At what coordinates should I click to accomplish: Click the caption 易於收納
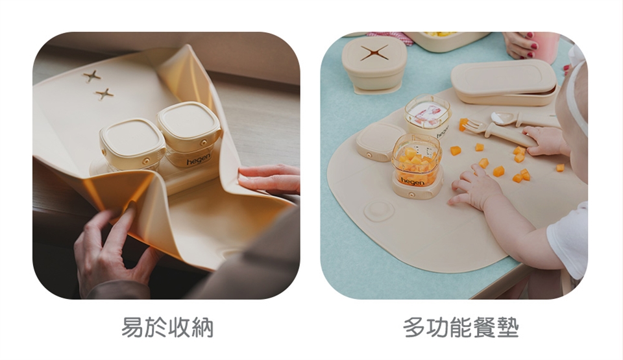[x=167, y=327]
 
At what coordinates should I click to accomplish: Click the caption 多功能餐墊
[x=461, y=327]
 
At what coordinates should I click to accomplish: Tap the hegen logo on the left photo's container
[x=199, y=159]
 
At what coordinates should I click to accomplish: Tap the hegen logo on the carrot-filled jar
[x=413, y=182]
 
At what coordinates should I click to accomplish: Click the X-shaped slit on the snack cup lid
[x=374, y=53]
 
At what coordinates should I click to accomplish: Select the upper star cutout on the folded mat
[x=92, y=75]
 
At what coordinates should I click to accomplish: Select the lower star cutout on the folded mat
[x=104, y=94]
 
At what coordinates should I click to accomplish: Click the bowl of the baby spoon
[x=502, y=117]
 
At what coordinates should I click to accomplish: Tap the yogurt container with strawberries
[x=428, y=115]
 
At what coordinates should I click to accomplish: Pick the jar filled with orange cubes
[x=417, y=165]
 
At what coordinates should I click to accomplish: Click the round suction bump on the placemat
[x=378, y=210]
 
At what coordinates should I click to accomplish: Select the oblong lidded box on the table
[x=504, y=82]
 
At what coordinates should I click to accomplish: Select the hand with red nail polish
[x=521, y=45]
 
